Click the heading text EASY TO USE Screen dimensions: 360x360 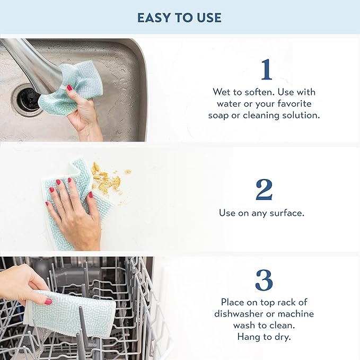(179, 17)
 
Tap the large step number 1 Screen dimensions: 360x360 (266, 70)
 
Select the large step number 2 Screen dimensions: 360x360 (264, 190)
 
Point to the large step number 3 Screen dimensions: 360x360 (264, 280)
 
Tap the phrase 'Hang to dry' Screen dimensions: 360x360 (264, 336)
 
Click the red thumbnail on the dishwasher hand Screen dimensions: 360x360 (48, 301)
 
